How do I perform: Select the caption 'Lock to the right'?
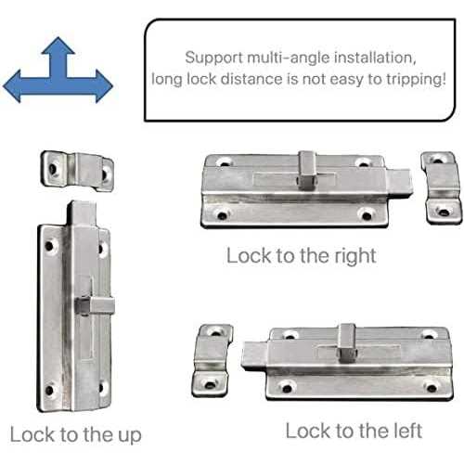(302, 255)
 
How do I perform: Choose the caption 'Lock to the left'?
(354, 431)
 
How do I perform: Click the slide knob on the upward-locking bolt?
(84, 303)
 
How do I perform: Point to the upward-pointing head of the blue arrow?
(58, 49)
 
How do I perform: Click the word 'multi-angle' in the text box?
(290, 56)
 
